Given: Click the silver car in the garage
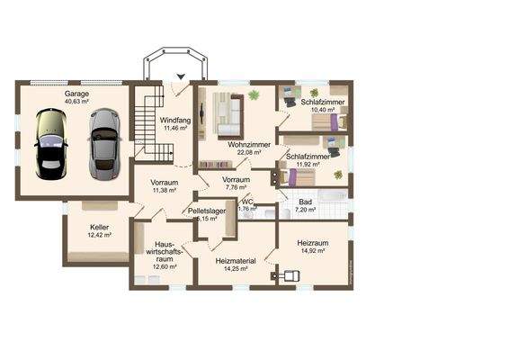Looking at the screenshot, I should click(104, 143).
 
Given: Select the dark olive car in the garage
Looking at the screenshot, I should click(50, 145).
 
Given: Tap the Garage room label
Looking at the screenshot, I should click(76, 94).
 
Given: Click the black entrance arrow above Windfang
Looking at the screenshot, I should click(181, 77).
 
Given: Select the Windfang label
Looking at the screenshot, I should click(174, 120).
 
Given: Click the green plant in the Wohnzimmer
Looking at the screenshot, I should click(254, 94).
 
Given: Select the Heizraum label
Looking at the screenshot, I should click(316, 243).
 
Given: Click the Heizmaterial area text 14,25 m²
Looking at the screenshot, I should click(237, 268).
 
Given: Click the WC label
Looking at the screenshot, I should click(246, 202).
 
